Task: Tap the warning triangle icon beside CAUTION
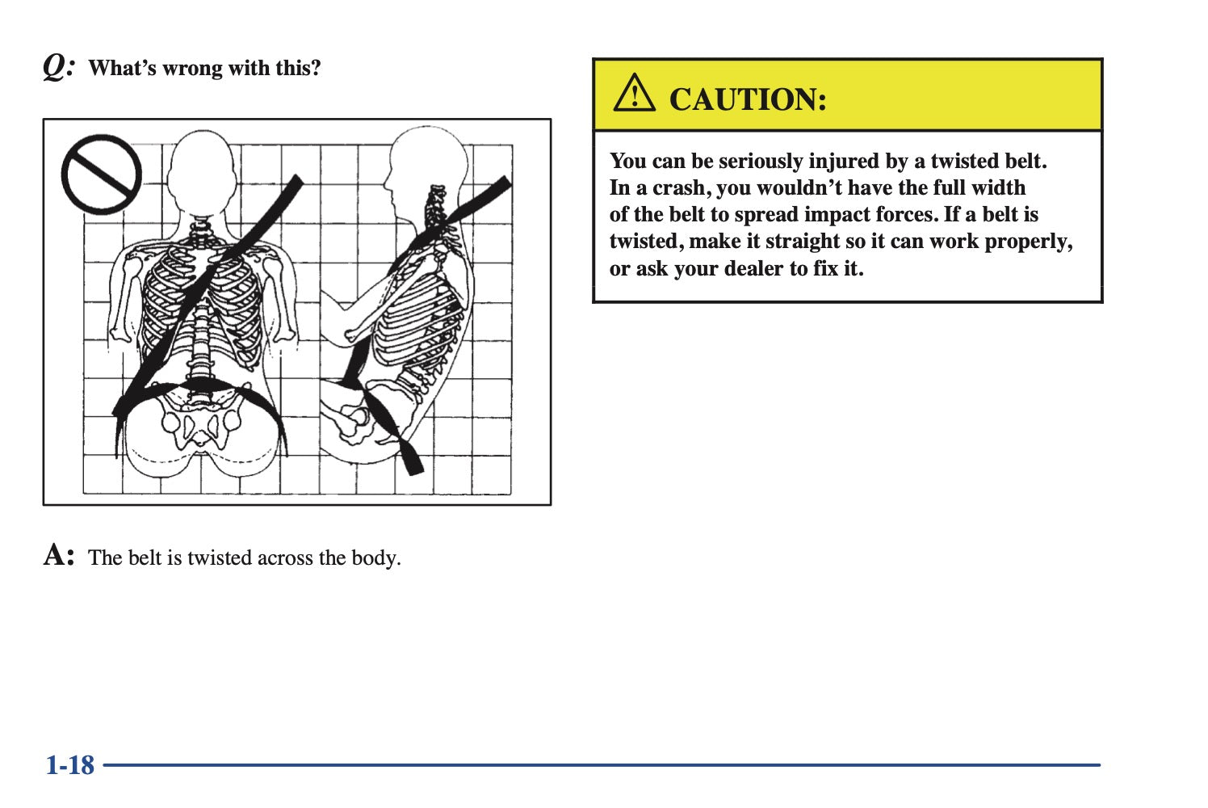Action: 634,93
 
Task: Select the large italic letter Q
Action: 55,67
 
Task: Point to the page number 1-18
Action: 70,765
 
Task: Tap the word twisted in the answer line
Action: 220,558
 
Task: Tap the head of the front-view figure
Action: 202,168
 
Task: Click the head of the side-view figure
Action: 426,167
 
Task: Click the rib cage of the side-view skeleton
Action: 418,318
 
